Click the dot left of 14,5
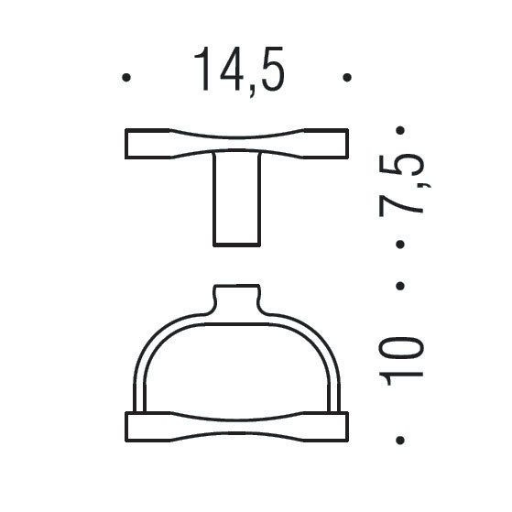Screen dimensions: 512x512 click(126, 78)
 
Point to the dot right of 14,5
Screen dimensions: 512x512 click(346, 78)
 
